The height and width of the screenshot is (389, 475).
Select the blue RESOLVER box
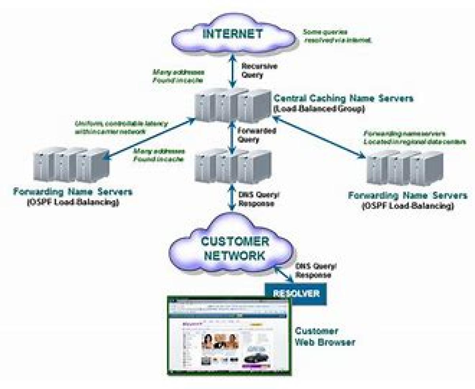click(296, 294)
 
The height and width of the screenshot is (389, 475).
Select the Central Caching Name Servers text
click(344, 98)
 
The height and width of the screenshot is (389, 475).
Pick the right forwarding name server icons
click(405, 169)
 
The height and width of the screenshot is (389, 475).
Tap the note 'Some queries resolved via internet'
click(337, 36)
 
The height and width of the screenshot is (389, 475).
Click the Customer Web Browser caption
click(325, 337)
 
